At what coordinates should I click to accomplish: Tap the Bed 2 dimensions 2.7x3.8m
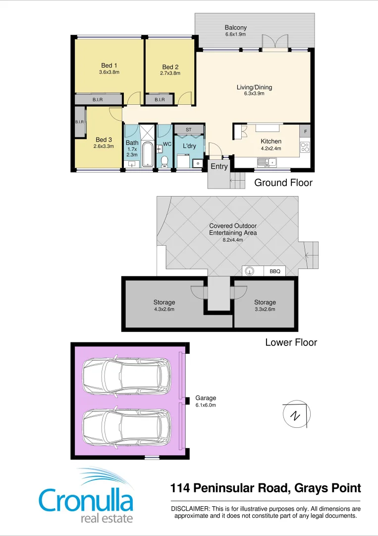pyautogui.click(x=170, y=73)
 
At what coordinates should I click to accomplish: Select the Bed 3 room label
pyautogui.click(x=104, y=139)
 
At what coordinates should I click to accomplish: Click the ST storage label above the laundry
pyautogui.click(x=188, y=130)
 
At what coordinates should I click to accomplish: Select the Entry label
pyautogui.click(x=219, y=166)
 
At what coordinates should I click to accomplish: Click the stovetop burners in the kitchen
pyautogui.click(x=305, y=147)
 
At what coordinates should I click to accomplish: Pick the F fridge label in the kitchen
pyautogui.click(x=305, y=131)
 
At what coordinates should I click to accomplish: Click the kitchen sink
pyautogui.click(x=268, y=161)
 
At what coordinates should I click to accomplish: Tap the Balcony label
pyautogui.click(x=235, y=28)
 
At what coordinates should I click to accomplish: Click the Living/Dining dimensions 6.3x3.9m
pyautogui.click(x=254, y=93)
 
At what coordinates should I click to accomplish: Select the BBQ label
pyautogui.click(x=275, y=271)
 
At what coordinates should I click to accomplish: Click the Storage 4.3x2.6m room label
pyautogui.click(x=164, y=302)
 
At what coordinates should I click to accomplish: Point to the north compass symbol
pyautogui.click(x=295, y=414)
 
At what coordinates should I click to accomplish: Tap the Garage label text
pyautogui.click(x=206, y=398)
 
